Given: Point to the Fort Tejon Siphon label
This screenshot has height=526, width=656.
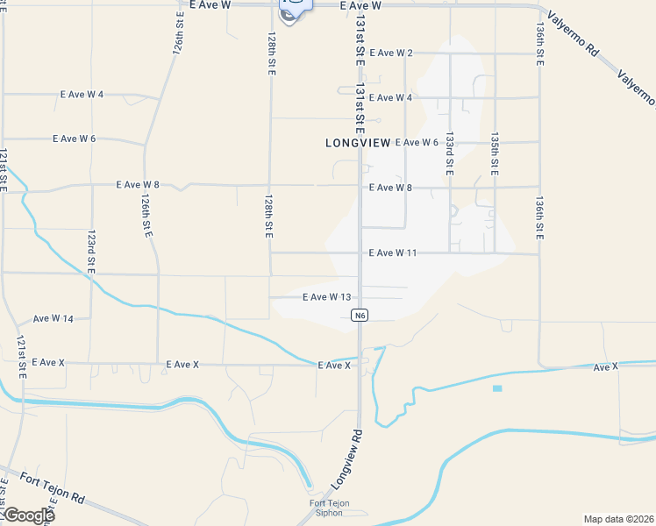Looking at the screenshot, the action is (x=330, y=508).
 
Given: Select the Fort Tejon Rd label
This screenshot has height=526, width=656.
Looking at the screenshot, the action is (x=53, y=486).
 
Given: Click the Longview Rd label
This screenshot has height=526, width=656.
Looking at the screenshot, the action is (x=346, y=460).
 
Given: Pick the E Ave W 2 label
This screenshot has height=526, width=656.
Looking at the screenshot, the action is (x=391, y=53).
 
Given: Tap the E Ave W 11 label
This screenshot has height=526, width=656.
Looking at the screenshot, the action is (x=392, y=253).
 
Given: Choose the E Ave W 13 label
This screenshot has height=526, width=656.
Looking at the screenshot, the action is (x=326, y=297).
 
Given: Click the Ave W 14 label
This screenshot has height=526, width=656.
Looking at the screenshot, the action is (x=53, y=319).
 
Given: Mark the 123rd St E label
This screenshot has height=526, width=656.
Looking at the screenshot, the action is (x=91, y=252).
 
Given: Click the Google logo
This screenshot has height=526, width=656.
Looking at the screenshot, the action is (x=28, y=515).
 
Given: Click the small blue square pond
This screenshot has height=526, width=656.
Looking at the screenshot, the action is (x=497, y=387).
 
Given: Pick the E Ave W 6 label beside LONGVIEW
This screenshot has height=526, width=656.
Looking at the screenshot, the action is (x=417, y=142).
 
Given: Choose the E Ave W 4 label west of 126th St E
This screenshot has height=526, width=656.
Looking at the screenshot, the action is (x=82, y=95).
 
